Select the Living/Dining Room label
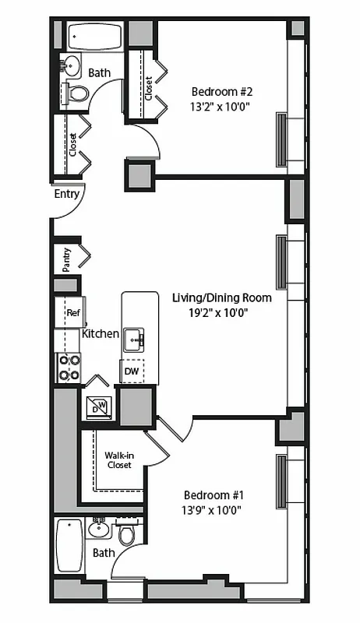[221, 297]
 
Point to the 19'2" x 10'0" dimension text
[221, 313]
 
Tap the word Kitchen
[101, 333]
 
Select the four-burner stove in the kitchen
[69, 367]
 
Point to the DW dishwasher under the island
[131, 371]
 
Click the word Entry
[66, 194]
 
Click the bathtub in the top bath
[95, 37]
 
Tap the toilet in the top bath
[78, 93]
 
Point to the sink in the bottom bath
[98, 530]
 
